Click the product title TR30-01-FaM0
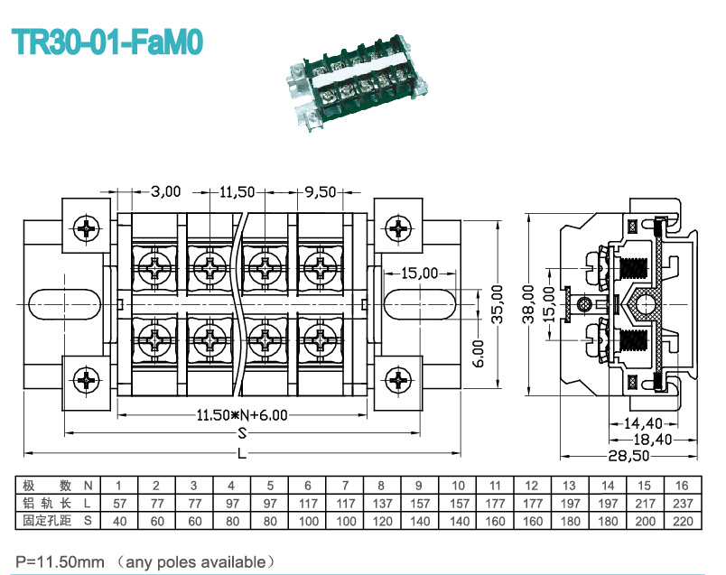click(x=107, y=42)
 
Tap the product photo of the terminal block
click(x=357, y=82)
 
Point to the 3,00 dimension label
click(x=166, y=191)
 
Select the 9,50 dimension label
click(x=320, y=191)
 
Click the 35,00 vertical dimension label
click(x=497, y=304)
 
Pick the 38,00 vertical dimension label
click(x=528, y=304)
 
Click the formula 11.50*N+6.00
click(x=242, y=415)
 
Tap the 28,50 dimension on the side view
click(x=628, y=456)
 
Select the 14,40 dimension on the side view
click(x=643, y=423)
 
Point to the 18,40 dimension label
click(x=652, y=440)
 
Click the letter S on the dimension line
click(x=242, y=433)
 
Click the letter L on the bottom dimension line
click(x=242, y=454)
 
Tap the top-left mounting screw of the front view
click(x=87, y=227)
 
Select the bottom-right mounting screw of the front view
click(x=398, y=381)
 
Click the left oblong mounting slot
click(x=65, y=304)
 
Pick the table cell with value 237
click(x=683, y=504)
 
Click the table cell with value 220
click(x=683, y=522)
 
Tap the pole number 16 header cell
click(x=683, y=486)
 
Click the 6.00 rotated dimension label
click(x=479, y=353)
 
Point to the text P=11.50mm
click(x=60, y=562)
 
